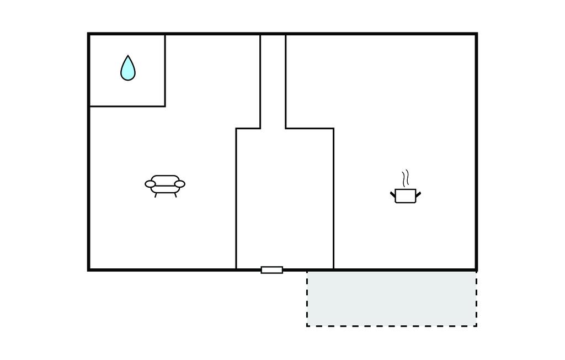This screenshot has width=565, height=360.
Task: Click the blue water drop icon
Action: pos(127,69)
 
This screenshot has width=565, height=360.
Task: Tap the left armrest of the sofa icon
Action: pos(151,184)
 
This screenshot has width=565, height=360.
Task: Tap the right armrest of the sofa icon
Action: pos(179,184)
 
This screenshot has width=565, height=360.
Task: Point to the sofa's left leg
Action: pos(156,195)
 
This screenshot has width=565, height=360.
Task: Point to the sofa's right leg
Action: pos(175,195)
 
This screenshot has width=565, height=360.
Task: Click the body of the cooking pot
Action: pos(405,196)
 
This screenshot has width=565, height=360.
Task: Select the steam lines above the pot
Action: pos(406,178)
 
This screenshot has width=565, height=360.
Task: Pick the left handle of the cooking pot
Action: pos(393,193)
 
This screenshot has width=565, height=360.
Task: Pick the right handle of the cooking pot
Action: pos(418,193)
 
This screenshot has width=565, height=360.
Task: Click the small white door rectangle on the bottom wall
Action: pos(272,270)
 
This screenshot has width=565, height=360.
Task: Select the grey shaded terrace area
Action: pos(392,298)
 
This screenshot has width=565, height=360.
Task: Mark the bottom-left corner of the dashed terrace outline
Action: pos(307,326)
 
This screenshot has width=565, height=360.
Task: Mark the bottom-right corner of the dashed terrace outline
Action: pos(476,326)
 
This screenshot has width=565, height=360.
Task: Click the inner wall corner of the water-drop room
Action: pos(165,106)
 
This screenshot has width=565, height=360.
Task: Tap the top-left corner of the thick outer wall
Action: pos(89,34)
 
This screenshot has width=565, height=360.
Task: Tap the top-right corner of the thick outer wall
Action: pos(476,34)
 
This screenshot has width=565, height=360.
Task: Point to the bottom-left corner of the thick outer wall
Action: pos(89,269)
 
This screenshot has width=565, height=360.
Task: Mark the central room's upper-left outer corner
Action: pos(236,129)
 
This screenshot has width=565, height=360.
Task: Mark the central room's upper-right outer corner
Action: pos(333,129)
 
